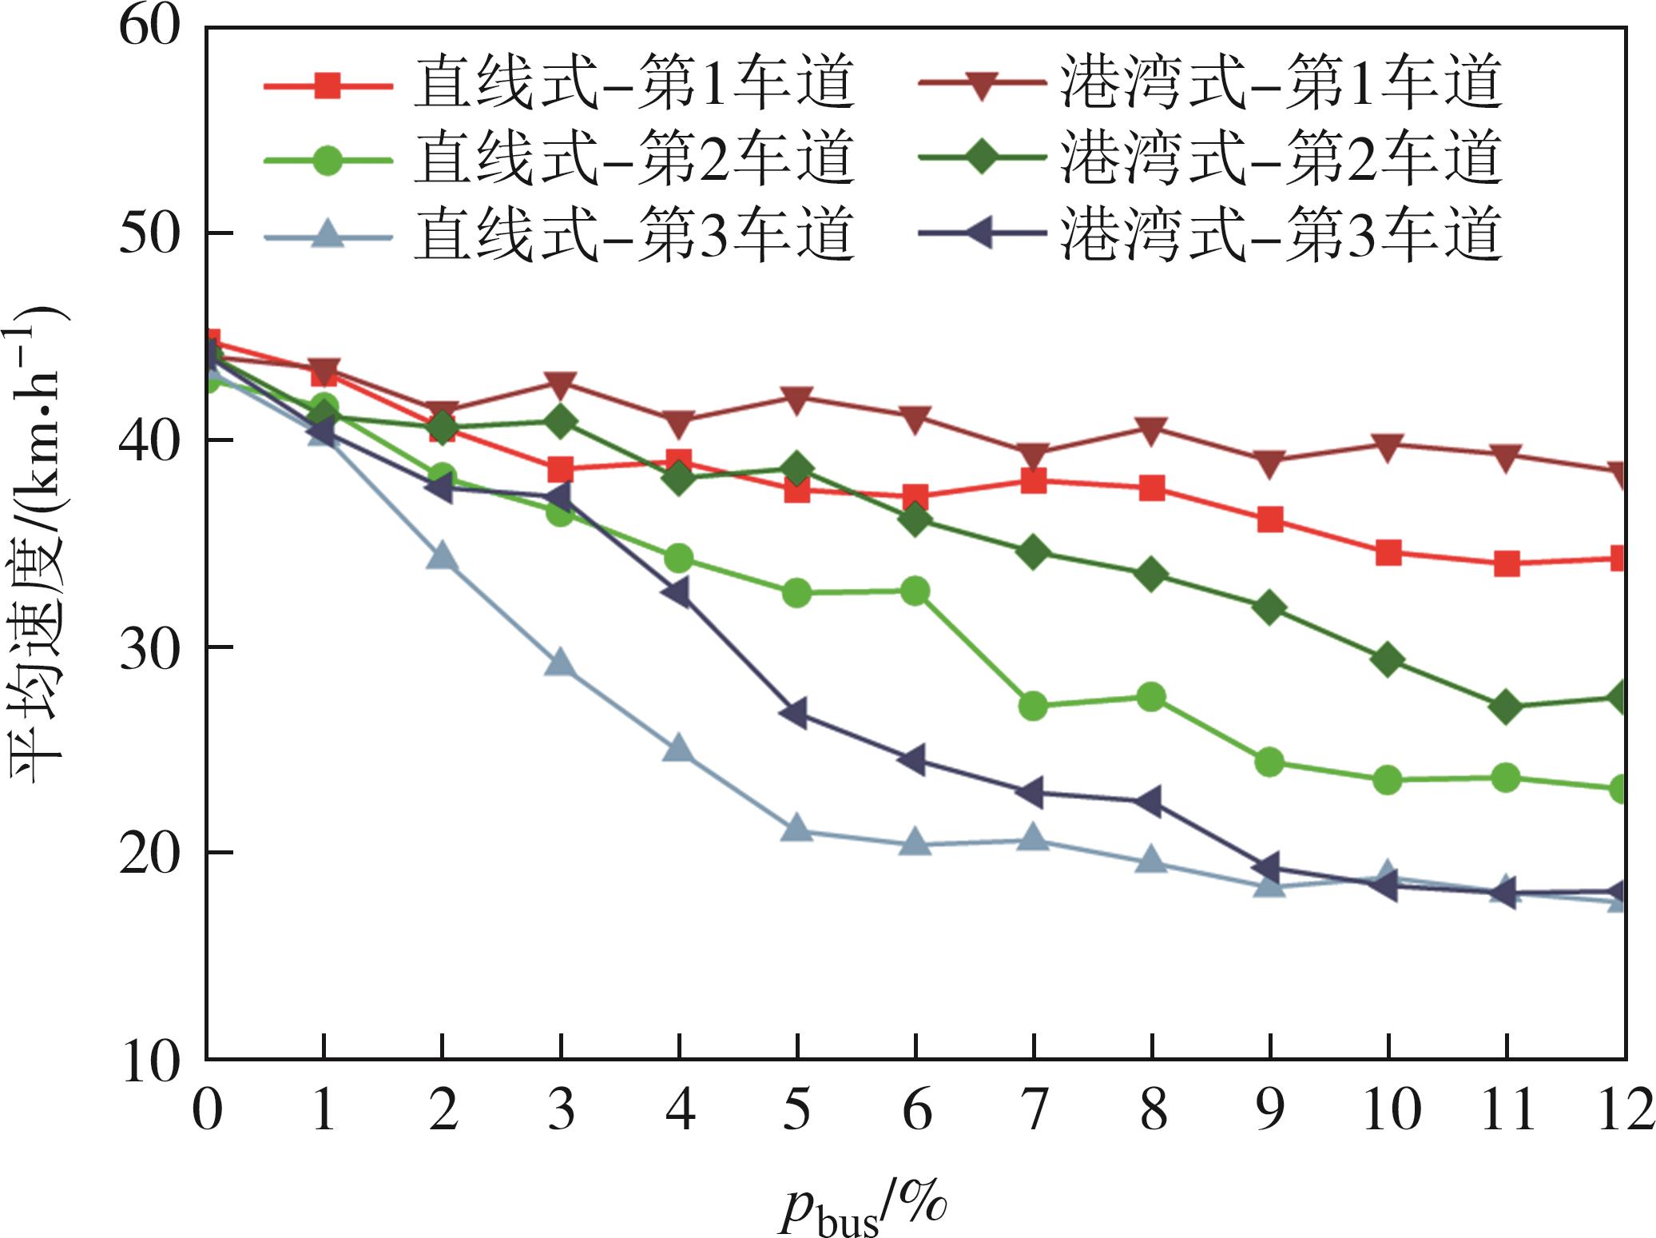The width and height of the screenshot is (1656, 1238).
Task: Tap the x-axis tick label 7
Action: (x=1034, y=1111)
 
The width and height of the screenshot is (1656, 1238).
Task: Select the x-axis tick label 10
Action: (x=1390, y=1111)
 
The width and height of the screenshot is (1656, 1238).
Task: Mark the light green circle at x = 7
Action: (x=1034, y=706)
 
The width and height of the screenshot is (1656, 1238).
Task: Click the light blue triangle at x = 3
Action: (x=561, y=663)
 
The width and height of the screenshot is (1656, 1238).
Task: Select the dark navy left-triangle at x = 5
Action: (x=796, y=713)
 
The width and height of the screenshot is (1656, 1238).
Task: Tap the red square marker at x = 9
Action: (x=1270, y=520)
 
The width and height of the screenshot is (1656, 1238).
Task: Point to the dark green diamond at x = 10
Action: (x=1388, y=659)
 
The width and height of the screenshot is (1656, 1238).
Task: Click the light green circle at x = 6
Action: (x=915, y=591)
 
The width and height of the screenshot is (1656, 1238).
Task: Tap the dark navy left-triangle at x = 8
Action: (x=1151, y=802)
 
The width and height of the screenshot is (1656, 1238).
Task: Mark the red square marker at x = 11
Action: (x=1507, y=563)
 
